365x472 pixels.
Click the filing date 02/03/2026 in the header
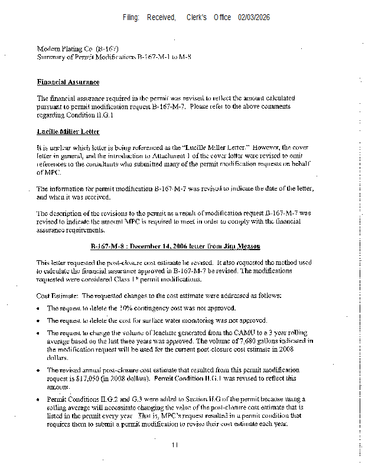click(254, 18)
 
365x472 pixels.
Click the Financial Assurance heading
click(68, 82)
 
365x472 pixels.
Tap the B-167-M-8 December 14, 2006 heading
click(175, 246)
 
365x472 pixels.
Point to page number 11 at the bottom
click(175, 445)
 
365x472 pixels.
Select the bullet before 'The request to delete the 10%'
click(39, 309)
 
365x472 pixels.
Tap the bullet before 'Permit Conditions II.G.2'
click(39, 400)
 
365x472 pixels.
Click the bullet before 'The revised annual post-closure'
click(39, 371)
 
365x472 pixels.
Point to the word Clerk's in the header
click(196, 18)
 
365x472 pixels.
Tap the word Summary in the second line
click(51, 57)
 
